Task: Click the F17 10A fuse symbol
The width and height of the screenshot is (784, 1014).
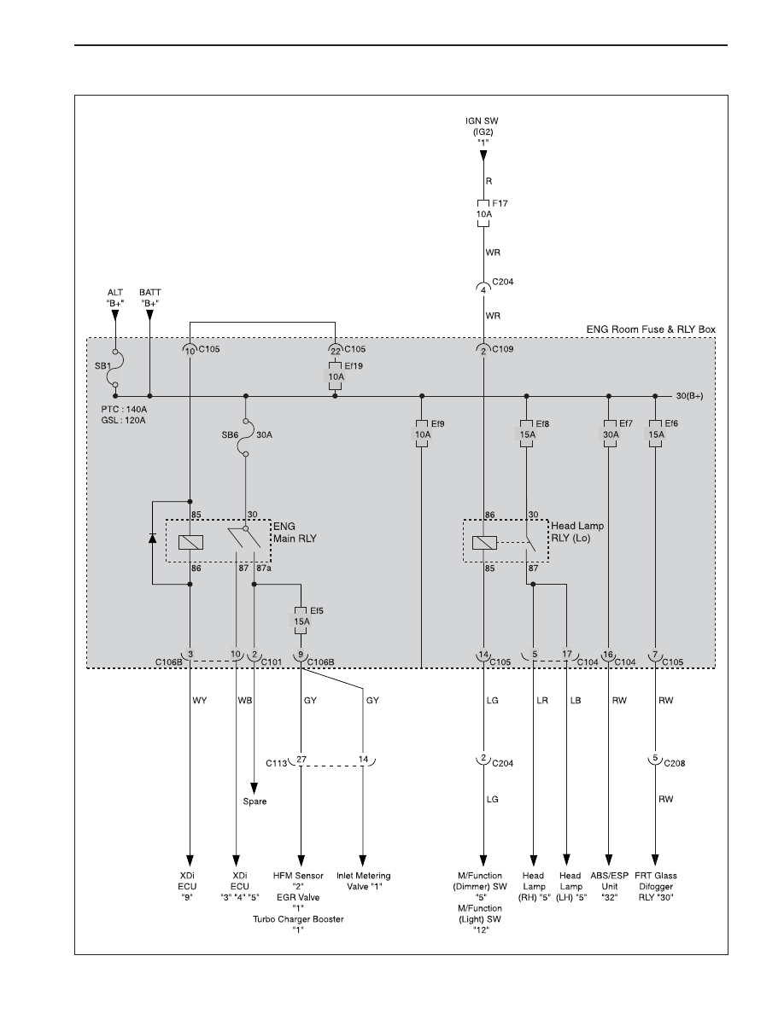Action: [483, 213]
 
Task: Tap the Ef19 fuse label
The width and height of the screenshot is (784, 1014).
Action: [354, 366]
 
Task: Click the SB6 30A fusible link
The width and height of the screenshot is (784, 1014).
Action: [246, 435]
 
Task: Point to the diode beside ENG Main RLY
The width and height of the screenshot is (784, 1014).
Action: [153, 538]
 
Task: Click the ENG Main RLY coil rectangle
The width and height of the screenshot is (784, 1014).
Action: [190, 542]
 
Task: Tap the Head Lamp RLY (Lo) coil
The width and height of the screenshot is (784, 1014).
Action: [484, 543]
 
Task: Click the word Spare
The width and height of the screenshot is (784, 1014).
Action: [255, 801]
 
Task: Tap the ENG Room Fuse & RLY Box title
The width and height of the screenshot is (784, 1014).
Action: [651, 329]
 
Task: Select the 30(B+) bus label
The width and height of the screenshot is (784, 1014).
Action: [689, 396]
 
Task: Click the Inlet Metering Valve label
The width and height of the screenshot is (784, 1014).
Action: [364, 881]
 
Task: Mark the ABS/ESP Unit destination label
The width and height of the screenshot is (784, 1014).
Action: [609, 887]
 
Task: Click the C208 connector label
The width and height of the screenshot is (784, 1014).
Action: [675, 763]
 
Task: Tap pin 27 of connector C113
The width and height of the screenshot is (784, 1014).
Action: [301, 760]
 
